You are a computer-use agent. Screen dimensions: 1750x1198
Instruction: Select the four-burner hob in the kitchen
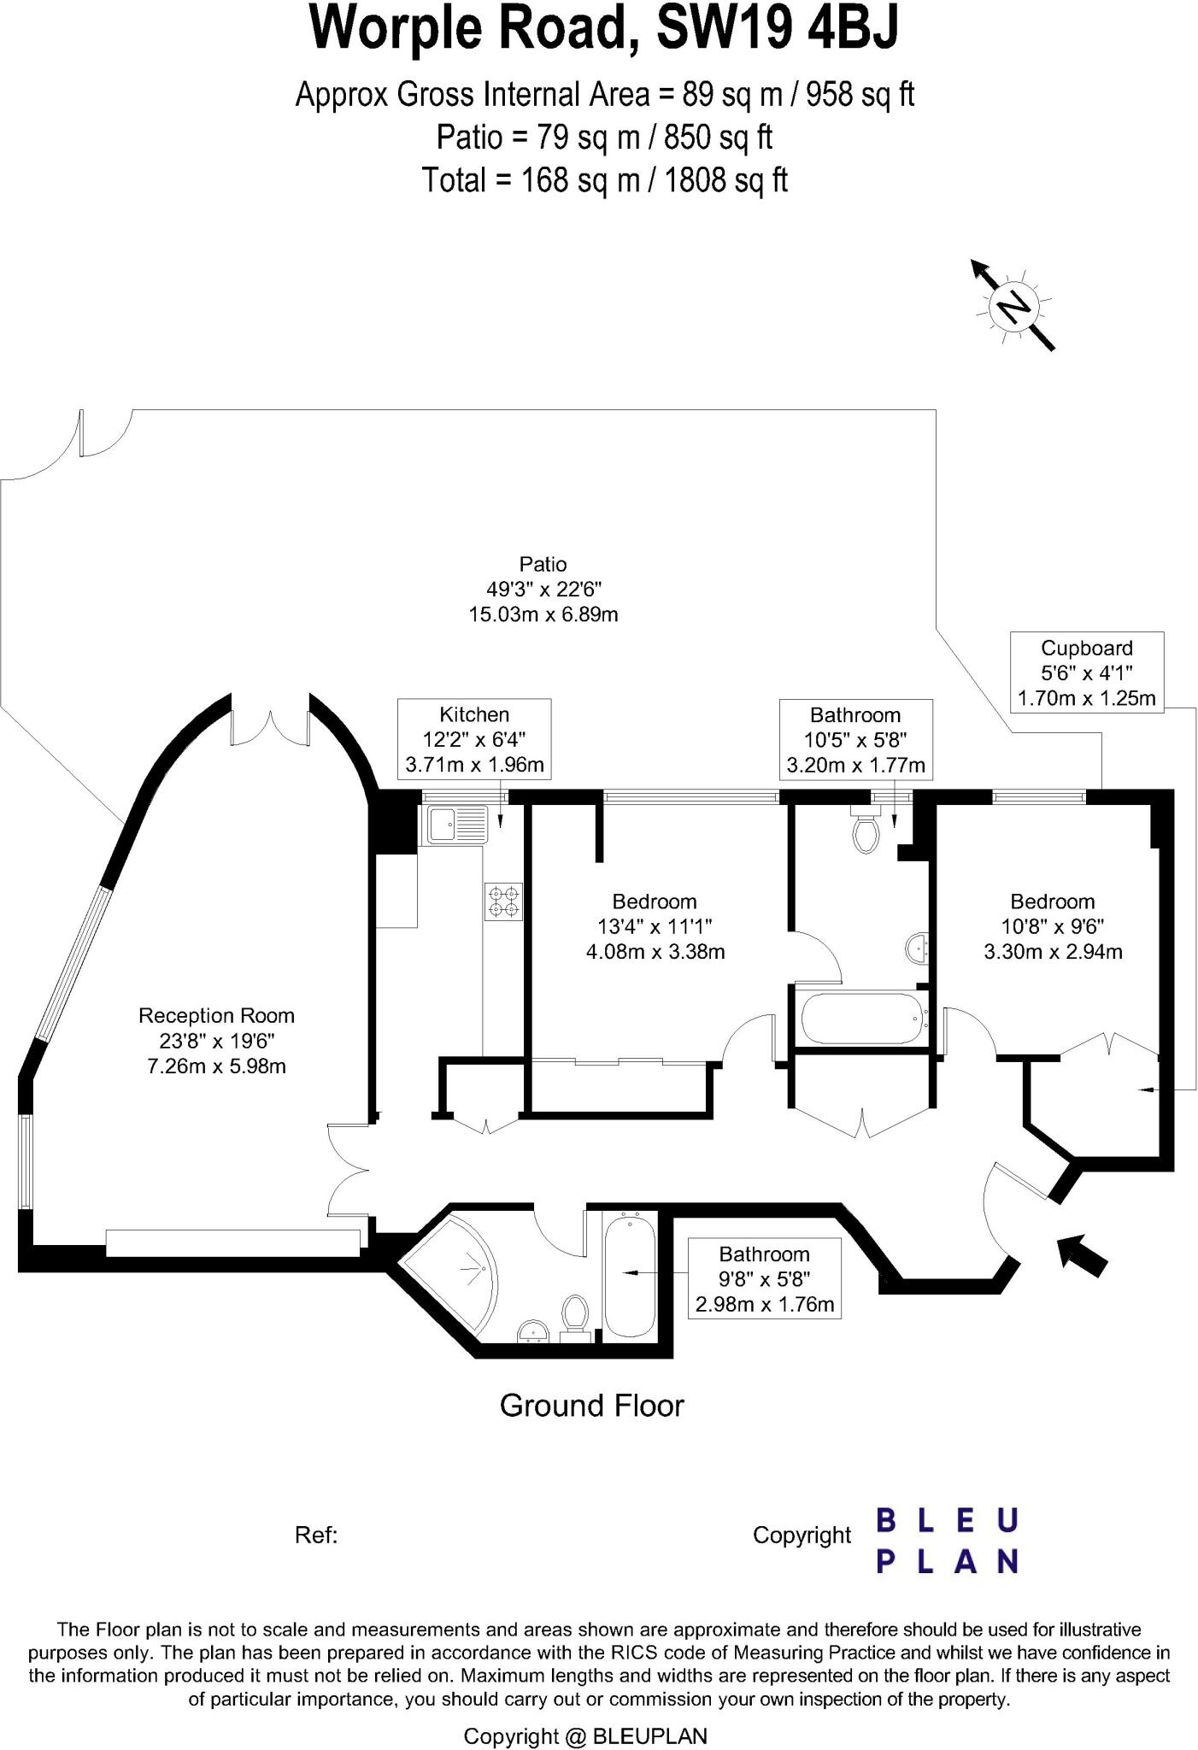point(503,901)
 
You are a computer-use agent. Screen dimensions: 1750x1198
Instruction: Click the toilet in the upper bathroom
point(866,831)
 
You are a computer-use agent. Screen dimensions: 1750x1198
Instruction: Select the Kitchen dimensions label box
point(474,739)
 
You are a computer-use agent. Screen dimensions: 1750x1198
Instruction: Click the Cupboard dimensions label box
point(1086,673)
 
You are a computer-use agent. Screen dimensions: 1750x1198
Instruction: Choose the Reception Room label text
point(216,1016)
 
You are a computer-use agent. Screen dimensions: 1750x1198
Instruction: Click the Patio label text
point(543,564)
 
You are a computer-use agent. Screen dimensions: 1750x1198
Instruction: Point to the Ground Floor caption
point(591,1406)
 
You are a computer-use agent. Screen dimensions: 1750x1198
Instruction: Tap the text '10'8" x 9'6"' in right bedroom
point(1052,926)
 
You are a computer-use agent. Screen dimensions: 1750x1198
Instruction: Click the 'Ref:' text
point(316,1536)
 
